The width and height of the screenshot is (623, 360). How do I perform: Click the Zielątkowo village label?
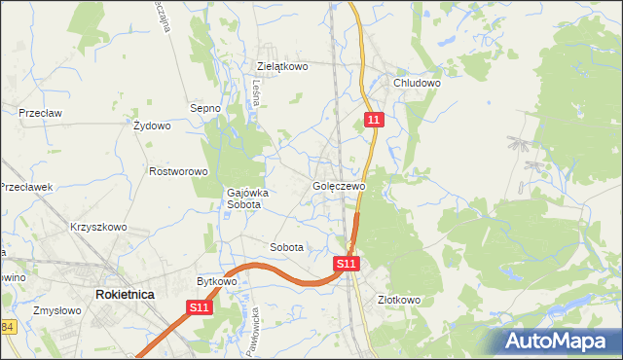pyautogui.click(x=282, y=66)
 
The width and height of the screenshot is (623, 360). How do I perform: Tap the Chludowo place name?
pyautogui.click(x=418, y=84)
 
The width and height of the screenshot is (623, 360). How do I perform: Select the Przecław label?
pyautogui.click(x=40, y=113)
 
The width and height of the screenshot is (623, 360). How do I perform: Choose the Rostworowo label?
pyautogui.click(x=179, y=171)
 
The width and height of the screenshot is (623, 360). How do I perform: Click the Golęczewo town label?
pyautogui.click(x=339, y=186)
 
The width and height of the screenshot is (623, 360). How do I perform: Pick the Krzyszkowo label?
pyautogui.click(x=98, y=227)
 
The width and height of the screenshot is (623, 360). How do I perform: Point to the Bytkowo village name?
pyautogui.click(x=217, y=281)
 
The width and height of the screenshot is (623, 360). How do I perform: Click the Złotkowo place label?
pyautogui.click(x=398, y=300)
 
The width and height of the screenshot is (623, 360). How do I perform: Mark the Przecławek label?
pyautogui.click(x=24, y=187)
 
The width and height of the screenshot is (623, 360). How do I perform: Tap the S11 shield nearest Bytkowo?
pyautogui.click(x=200, y=307)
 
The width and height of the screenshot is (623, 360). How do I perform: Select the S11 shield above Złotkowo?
pyautogui.click(x=348, y=264)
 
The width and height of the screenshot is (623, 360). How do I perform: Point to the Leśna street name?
pyautogui.click(x=256, y=93)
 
